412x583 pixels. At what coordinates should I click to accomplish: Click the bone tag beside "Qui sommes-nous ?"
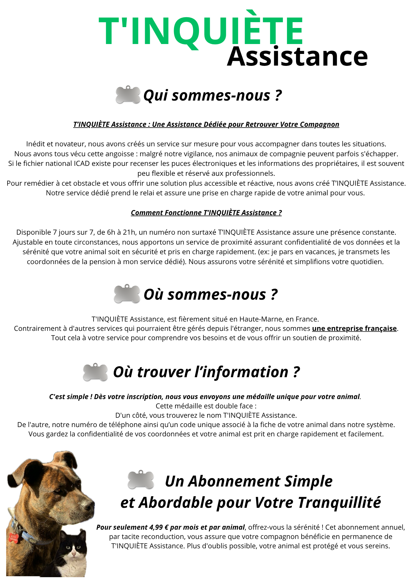coord(128,95)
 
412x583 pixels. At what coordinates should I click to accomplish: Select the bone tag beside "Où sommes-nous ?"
coord(127,294)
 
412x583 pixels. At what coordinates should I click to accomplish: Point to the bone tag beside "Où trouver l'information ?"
coord(95,372)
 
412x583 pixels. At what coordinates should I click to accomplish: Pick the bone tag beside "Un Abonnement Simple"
coord(141,480)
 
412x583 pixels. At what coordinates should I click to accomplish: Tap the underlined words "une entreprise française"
coord(354,329)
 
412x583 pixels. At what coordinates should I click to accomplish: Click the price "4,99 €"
coord(159,527)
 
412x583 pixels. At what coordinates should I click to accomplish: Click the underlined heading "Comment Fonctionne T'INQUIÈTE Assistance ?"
coord(206,213)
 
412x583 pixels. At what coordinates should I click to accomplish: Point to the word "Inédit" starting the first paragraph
coord(36,144)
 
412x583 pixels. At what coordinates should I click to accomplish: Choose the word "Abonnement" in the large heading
coord(234,481)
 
